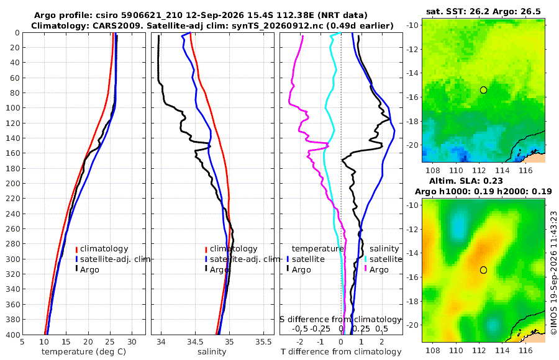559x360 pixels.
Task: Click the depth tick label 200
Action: coord(13,183)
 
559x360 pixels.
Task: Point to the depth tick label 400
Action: coord(13,335)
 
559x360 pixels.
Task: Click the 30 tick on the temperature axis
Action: coord(132,342)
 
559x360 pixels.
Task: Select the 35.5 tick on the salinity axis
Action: coord(263,342)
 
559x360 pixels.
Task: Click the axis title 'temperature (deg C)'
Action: coord(84,352)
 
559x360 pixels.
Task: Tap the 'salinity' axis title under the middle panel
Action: coord(212,352)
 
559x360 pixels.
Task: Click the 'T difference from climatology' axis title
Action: coord(341,352)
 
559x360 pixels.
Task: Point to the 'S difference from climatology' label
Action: coord(341,319)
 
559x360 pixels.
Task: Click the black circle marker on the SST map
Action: coord(483,90)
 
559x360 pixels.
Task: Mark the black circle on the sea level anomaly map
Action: coord(483,270)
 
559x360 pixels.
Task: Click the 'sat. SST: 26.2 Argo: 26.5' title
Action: coord(483,12)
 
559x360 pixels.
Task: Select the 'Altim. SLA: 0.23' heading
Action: coord(466,181)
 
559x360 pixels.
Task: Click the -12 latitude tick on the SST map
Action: coord(412,49)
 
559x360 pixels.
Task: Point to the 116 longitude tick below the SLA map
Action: coord(525,350)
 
